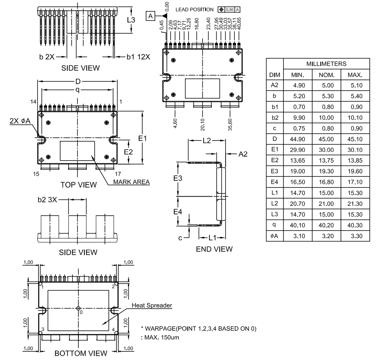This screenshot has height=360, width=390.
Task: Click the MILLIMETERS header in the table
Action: [327, 64]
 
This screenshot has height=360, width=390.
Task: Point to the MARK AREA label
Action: [131, 182]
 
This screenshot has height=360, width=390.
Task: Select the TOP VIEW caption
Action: [78, 184]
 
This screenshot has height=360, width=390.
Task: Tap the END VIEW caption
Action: [214, 249]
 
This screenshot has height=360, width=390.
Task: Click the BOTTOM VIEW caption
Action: [80, 353]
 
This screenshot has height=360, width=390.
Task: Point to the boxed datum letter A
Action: [151, 16]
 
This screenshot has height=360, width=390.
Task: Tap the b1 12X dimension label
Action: [138, 57]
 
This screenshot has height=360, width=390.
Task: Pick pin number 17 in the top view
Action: [118, 174]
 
